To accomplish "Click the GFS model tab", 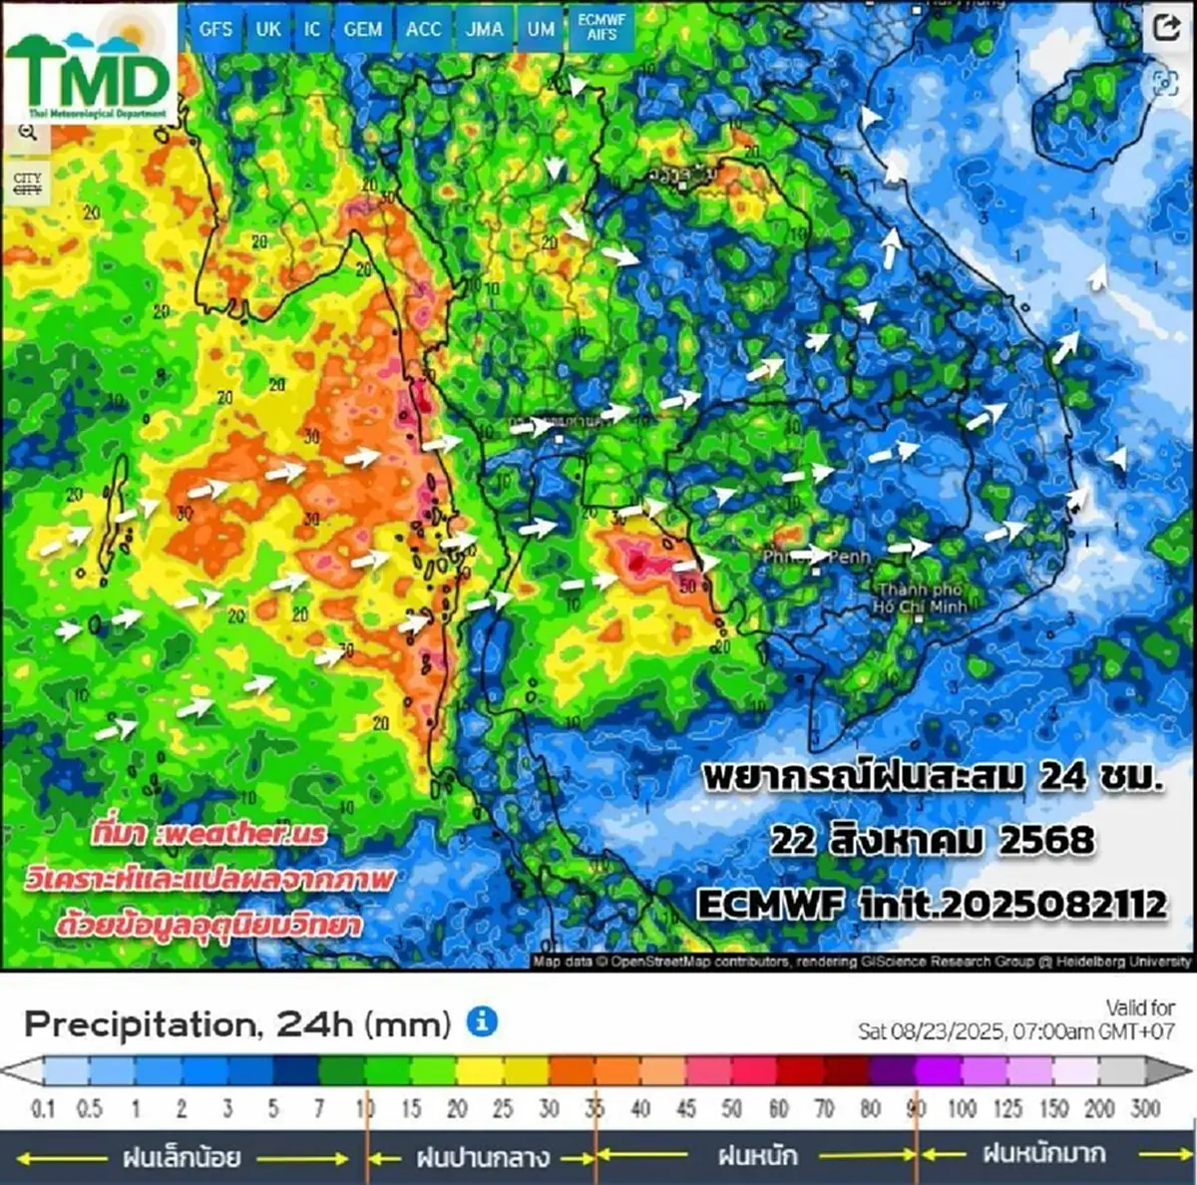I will [215, 29].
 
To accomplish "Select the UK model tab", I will [268, 29].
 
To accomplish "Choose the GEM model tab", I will [362, 29].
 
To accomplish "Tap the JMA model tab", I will [485, 29].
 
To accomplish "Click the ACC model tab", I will [423, 29].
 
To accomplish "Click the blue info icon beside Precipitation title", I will [482, 1021].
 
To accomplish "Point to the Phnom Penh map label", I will [816, 557].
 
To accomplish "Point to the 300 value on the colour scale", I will [1145, 1107].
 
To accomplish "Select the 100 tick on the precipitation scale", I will [963, 1107].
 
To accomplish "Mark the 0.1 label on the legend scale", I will [43, 1107].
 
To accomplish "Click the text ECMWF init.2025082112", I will [931, 904].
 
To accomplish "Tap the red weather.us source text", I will [209, 833].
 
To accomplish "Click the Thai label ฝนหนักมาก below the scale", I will [1043, 1154].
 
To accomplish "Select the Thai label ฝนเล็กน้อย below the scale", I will [182, 1157].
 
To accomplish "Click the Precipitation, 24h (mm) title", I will [237, 1023].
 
